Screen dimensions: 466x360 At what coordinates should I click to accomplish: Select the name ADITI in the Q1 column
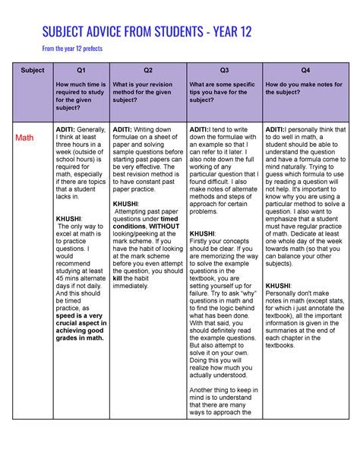[67, 130]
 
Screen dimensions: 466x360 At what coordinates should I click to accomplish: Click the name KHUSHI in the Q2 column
[125, 204]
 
